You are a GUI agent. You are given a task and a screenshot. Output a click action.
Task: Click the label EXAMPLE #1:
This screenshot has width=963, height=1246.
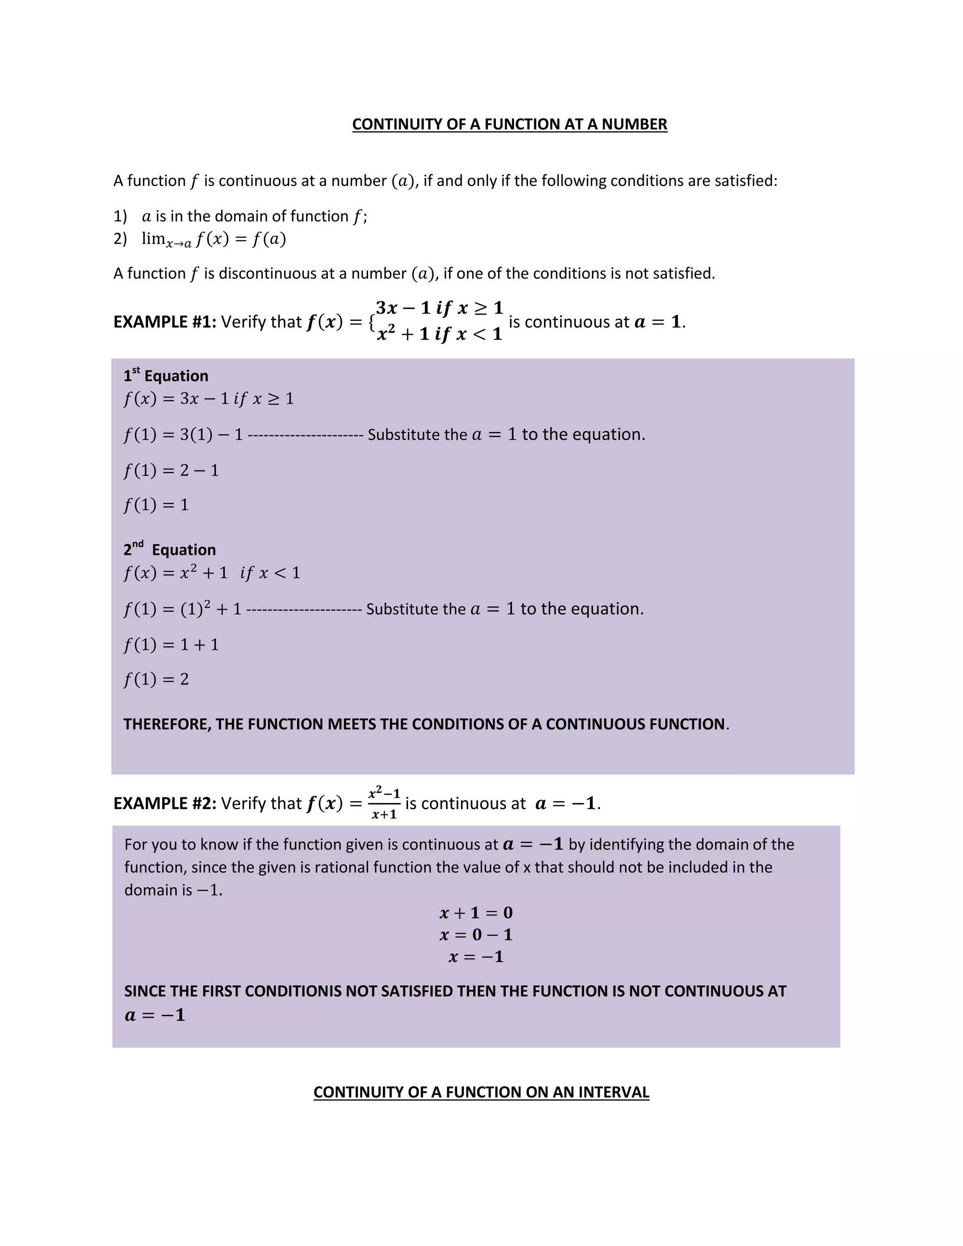(x=164, y=323)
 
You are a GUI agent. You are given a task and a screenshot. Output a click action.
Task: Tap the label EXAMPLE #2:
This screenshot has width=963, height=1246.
(x=164, y=804)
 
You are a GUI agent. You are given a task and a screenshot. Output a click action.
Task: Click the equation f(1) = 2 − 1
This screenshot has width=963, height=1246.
(x=171, y=471)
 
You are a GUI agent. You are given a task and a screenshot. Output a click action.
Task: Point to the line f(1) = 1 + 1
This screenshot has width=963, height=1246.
(x=171, y=645)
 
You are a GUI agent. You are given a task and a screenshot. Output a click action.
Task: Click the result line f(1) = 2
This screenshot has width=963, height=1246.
(x=156, y=679)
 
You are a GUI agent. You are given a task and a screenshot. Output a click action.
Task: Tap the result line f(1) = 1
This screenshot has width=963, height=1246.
(x=156, y=505)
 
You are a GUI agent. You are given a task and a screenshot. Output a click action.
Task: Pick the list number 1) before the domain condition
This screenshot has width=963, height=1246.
(x=120, y=217)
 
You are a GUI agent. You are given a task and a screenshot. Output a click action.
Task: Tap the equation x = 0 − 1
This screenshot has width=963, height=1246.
(x=476, y=935)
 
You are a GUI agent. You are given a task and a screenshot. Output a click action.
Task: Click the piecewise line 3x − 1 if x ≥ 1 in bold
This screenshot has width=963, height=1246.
(x=439, y=308)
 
